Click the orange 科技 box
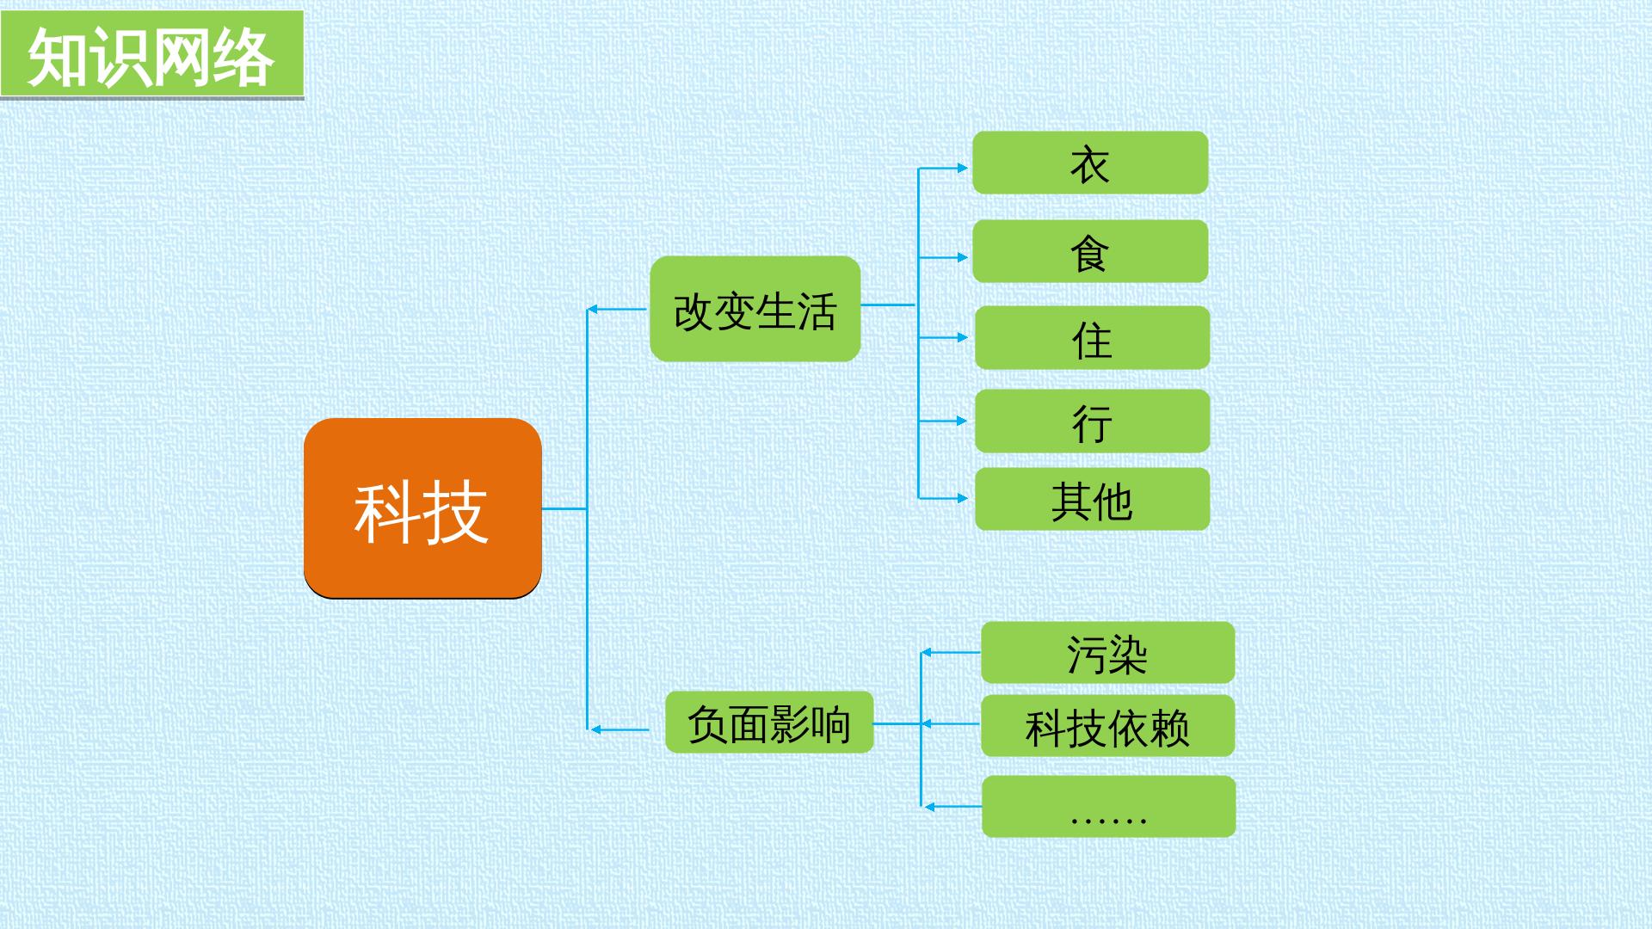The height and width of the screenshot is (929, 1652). (422, 508)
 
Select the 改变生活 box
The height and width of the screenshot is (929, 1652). (755, 309)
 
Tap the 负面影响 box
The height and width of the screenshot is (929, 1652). (769, 722)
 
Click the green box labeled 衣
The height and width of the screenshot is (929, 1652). (1090, 163)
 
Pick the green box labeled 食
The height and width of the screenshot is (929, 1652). (1090, 251)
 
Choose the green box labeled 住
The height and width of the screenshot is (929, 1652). (1092, 337)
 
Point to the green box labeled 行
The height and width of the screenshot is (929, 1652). (1092, 421)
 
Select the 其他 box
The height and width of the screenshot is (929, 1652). (1092, 499)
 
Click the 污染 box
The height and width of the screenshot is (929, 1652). (1107, 653)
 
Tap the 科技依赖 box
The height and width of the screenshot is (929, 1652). (1107, 726)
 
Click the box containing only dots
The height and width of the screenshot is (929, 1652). (1108, 807)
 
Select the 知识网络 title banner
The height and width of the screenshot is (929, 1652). (152, 54)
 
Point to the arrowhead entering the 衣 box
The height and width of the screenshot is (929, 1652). (963, 168)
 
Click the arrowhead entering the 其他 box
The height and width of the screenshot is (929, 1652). (963, 498)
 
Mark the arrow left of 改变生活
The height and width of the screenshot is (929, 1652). (617, 309)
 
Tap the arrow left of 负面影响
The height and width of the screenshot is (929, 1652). (619, 729)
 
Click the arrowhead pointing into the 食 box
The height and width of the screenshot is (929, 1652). (963, 257)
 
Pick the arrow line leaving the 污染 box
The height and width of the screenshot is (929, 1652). (951, 653)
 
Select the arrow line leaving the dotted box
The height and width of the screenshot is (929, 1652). (952, 807)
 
